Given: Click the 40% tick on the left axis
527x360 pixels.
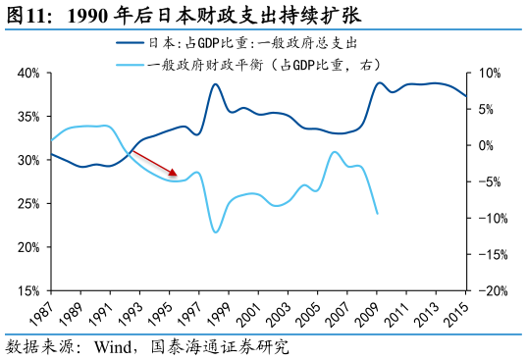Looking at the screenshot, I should click(x=27, y=74).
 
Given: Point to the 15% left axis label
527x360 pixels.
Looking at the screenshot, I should click(x=27, y=290).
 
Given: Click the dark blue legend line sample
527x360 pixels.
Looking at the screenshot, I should click(x=130, y=43).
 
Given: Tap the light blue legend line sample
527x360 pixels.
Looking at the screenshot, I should click(x=130, y=65).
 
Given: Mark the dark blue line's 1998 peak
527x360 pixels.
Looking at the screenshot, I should click(x=216, y=83).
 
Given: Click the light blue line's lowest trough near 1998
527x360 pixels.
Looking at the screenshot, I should click(x=216, y=231).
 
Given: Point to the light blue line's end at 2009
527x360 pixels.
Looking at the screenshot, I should click(x=378, y=213).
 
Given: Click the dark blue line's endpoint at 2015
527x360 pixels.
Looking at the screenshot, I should click(x=467, y=96).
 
